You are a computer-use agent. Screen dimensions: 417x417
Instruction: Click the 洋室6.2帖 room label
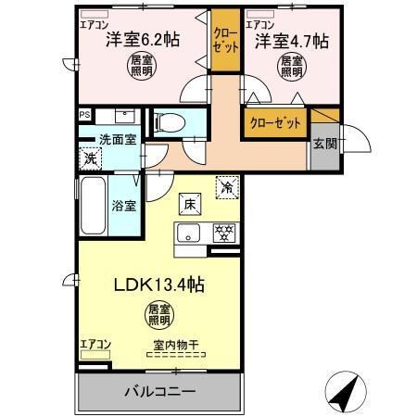click(142, 40)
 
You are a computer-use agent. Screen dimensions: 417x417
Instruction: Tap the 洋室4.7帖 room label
click(292, 40)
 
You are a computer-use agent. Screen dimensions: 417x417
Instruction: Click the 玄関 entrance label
click(324, 143)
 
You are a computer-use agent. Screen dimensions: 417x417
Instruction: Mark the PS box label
click(84, 115)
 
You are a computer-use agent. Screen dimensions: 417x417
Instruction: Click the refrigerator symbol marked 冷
click(226, 185)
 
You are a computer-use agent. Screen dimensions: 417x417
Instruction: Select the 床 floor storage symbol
click(185, 202)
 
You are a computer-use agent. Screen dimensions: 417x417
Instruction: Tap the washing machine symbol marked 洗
click(91, 158)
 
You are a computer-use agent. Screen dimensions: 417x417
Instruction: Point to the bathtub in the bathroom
click(94, 205)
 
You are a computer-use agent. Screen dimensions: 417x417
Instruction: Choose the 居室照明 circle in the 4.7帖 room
click(292, 66)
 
